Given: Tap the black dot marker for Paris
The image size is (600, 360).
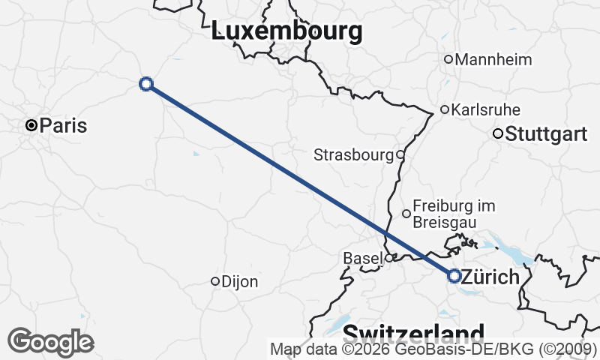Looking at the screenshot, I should (31, 125).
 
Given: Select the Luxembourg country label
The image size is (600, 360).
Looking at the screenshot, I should (287, 31).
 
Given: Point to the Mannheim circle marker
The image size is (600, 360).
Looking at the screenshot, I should (448, 59).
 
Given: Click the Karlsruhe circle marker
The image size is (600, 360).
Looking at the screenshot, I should (445, 109).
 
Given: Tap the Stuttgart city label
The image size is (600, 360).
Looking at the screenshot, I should (546, 135).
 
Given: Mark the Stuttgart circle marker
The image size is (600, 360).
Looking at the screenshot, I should (497, 134).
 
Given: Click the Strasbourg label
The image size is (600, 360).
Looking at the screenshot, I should (353, 155).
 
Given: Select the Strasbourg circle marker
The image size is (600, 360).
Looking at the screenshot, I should (400, 155).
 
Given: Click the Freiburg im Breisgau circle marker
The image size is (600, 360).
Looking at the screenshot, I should (406, 214).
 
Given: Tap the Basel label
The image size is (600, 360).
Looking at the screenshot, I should (363, 258).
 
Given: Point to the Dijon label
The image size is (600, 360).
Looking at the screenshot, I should (240, 282).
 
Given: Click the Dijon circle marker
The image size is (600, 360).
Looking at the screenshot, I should (215, 281).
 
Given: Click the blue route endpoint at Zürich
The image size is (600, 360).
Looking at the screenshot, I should (454, 276).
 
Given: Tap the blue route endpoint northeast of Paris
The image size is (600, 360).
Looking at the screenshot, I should (146, 84).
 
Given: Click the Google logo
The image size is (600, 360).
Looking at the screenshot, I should (51, 341).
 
